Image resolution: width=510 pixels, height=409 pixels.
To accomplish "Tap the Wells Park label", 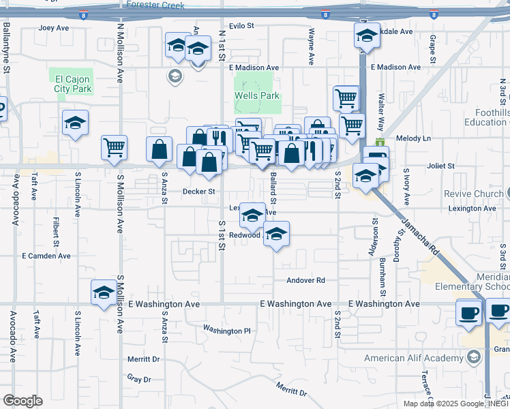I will click(x=257, y=95).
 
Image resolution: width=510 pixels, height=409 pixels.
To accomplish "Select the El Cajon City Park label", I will click(x=72, y=84).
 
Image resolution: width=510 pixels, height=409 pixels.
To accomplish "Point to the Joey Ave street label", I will click(x=55, y=28).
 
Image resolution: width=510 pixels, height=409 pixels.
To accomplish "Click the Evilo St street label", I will click(x=241, y=25).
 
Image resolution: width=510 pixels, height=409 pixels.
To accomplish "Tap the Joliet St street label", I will click(x=440, y=166).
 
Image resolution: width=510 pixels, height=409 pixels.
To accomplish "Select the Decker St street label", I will click(x=198, y=192).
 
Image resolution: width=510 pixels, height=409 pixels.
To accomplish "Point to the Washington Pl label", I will click(x=227, y=331).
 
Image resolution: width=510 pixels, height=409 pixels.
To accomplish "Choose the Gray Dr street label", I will click(x=138, y=378).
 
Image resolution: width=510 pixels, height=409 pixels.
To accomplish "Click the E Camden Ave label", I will click(x=46, y=256).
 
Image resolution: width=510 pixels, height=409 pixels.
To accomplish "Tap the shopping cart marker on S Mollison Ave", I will click(x=115, y=147).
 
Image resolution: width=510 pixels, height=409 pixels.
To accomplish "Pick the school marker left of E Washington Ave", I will click(x=104, y=292).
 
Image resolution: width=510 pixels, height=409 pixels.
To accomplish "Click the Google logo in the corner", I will click(x=22, y=401).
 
